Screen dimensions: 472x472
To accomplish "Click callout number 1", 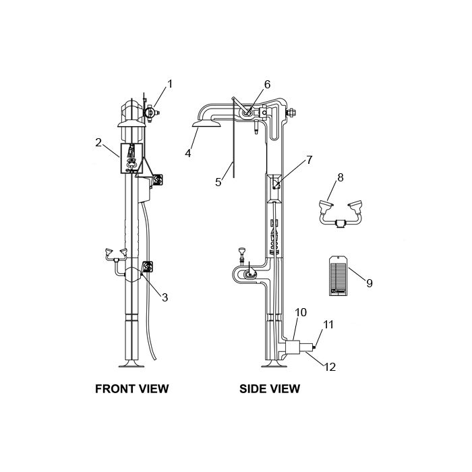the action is pos(170,84).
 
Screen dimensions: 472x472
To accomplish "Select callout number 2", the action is pos(98,142).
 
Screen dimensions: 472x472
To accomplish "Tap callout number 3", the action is pos(165,297).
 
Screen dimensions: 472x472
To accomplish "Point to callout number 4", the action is pos(188,153).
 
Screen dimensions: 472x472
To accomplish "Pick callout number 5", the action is pos(218,182).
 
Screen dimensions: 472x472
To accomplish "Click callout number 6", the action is pos(267,84).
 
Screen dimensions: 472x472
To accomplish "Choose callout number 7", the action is pos(309,160).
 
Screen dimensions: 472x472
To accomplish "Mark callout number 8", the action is pos(340,177).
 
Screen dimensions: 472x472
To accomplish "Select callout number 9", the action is pos(370,283).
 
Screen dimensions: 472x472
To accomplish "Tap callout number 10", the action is pos(301,312).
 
